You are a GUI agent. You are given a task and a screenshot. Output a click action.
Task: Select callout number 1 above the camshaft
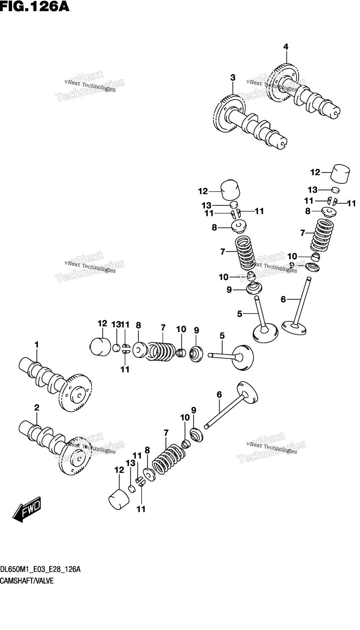click(x=37, y=345)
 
